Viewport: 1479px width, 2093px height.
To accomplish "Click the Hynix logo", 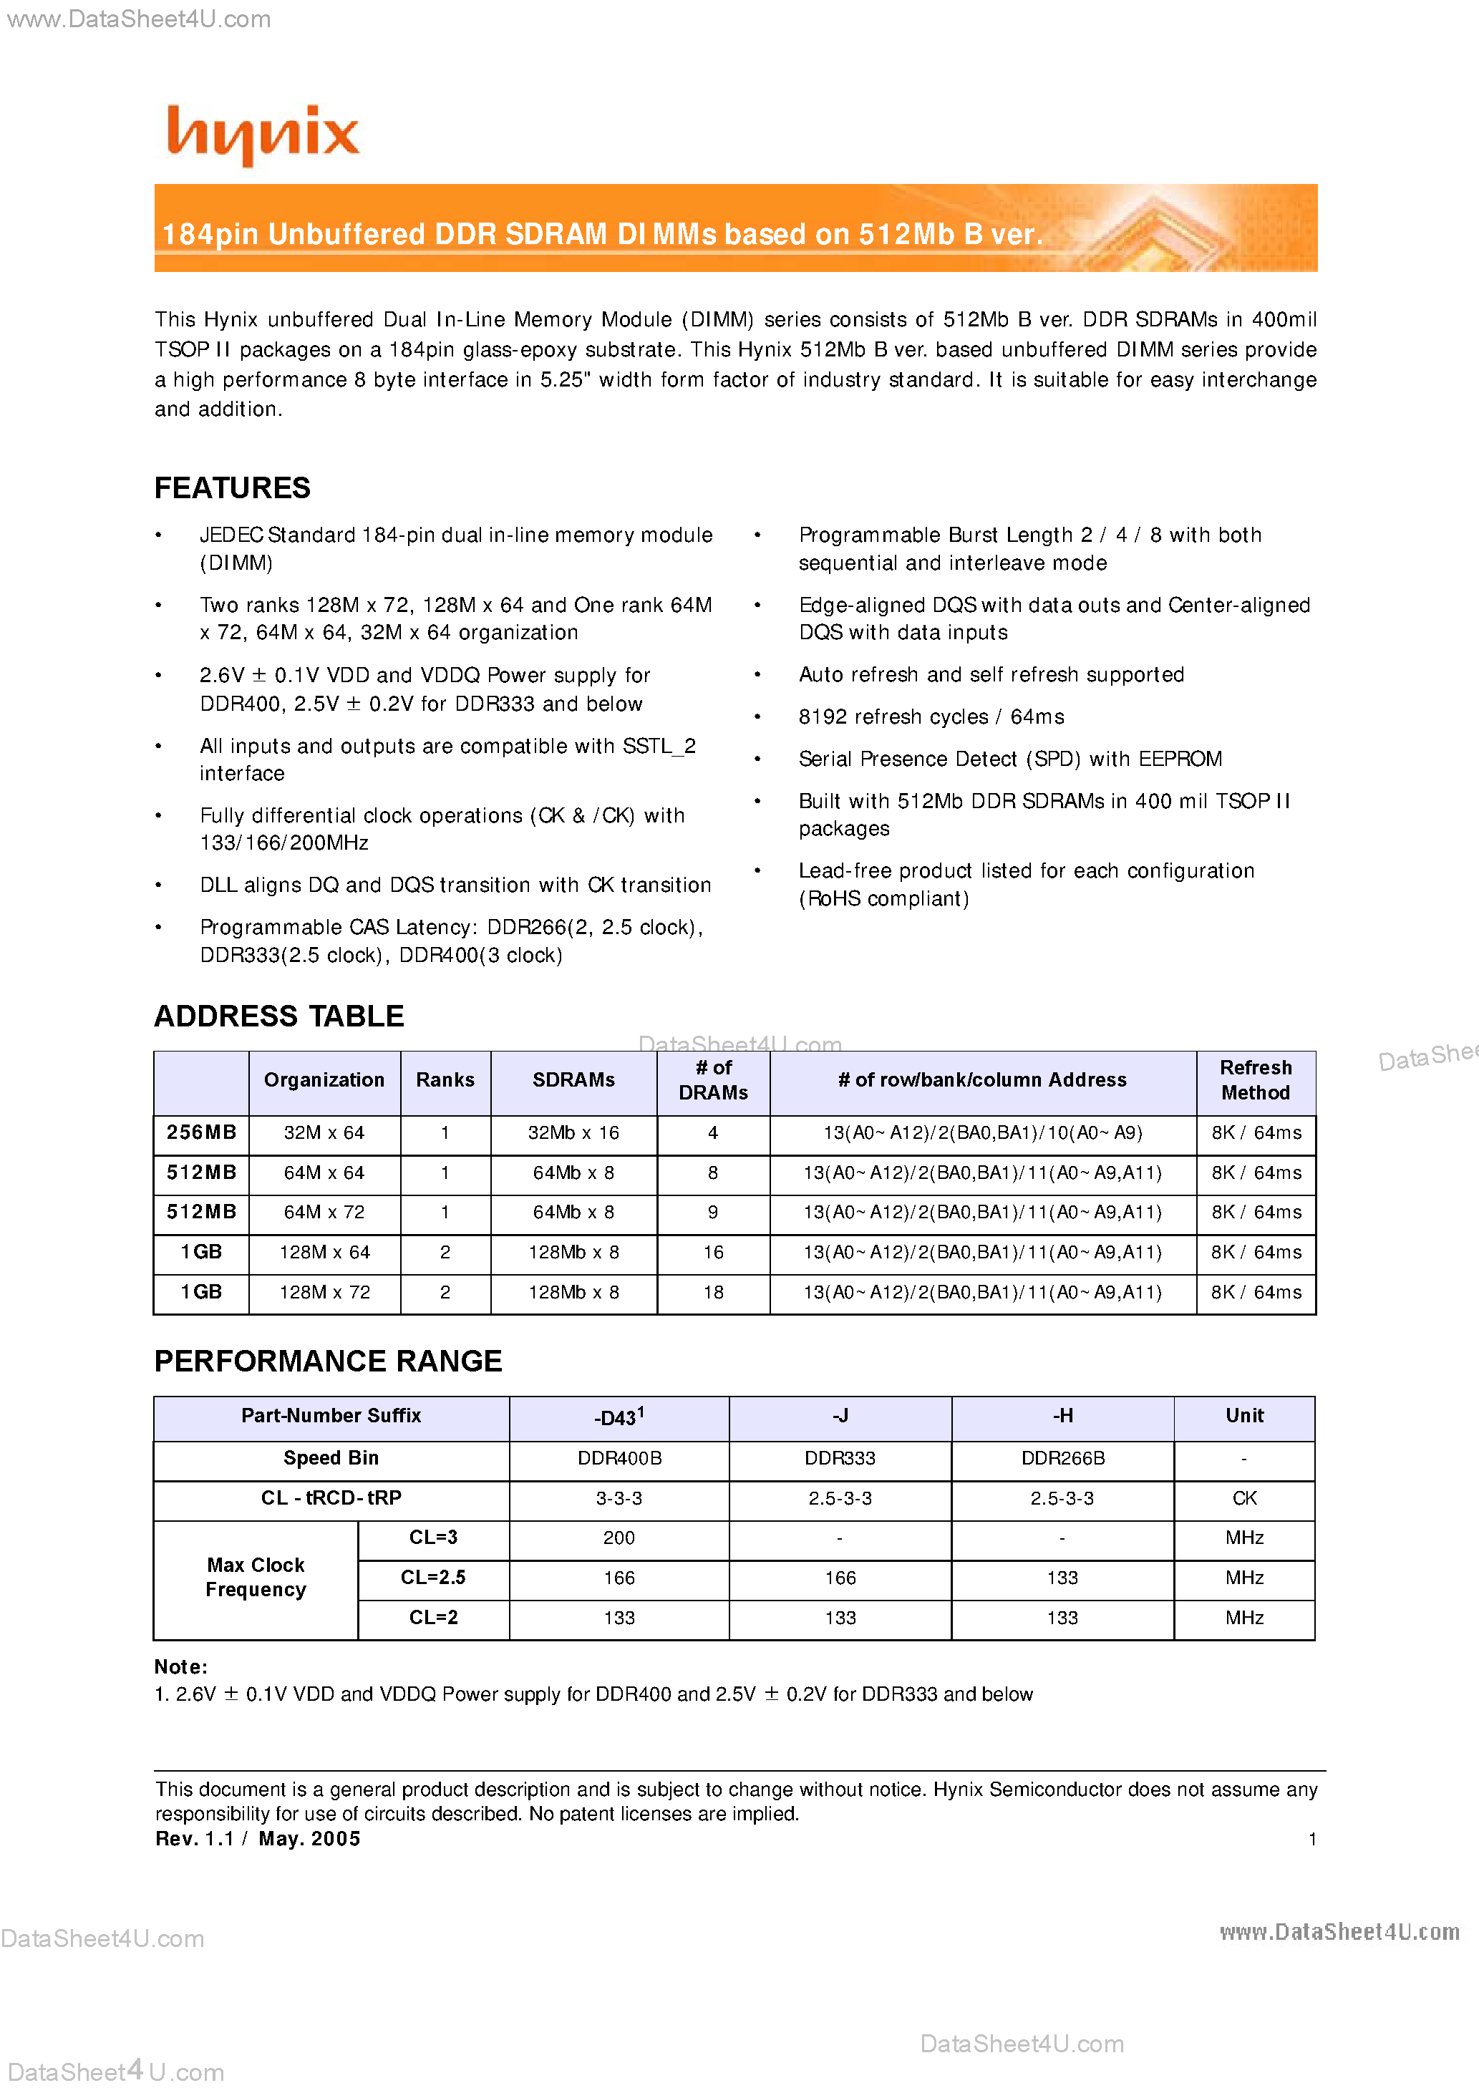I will [x=263, y=134].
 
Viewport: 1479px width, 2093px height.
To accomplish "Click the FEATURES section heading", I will [x=232, y=487].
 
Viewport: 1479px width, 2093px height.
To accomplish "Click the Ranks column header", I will [x=445, y=1079].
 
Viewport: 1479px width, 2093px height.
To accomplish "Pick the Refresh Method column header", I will [x=1255, y=1079].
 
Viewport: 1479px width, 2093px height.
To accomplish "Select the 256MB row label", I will [x=200, y=1132].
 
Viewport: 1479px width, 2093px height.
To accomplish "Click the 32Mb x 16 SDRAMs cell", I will [x=573, y=1132].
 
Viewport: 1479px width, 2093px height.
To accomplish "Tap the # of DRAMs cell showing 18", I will [x=712, y=1292].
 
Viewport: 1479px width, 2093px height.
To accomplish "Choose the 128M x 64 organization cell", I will [x=324, y=1252].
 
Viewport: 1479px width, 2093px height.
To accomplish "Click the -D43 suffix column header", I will [x=619, y=1417].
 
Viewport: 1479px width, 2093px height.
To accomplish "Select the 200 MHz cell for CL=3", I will [x=619, y=1538].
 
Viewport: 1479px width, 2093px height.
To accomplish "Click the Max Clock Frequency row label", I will [x=256, y=1577].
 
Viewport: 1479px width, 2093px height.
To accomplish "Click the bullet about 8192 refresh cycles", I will [x=930, y=717].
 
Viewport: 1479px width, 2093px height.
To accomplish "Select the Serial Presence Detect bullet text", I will [x=1009, y=759].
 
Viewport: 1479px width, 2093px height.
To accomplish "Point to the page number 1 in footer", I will [x=1311, y=1839].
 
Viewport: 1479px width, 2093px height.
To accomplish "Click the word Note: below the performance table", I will [x=180, y=1666].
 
